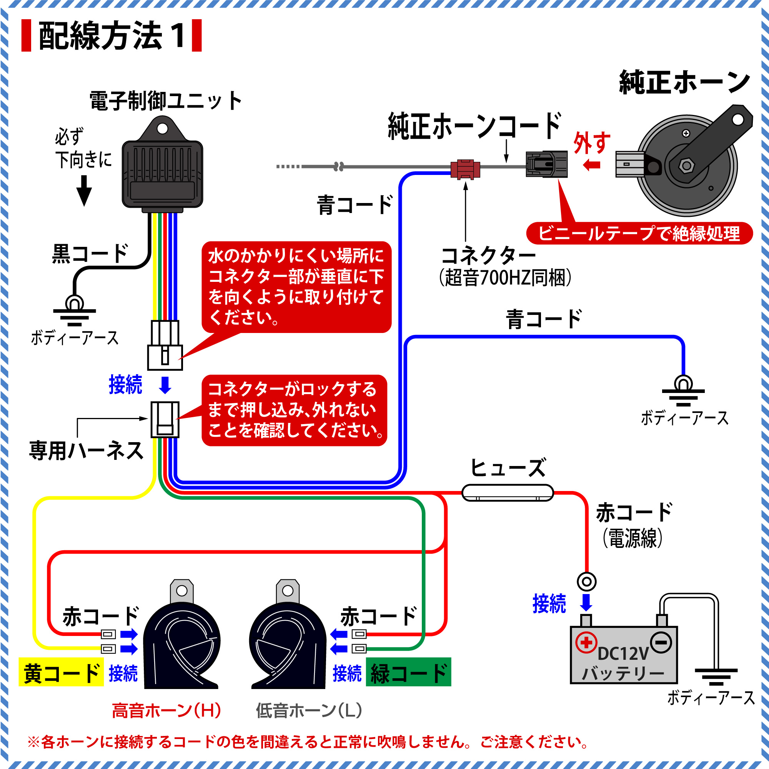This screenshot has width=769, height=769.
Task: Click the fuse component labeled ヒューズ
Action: [x=508, y=493]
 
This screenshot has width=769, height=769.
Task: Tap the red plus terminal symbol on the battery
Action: [x=586, y=642]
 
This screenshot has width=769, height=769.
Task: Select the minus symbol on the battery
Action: [x=661, y=642]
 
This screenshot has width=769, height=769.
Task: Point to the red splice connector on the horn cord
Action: [x=465, y=169]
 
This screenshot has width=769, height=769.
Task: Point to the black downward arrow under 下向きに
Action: [x=84, y=191]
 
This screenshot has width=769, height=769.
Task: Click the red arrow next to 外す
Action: [x=591, y=165]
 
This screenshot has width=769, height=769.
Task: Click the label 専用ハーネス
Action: [x=87, y=451]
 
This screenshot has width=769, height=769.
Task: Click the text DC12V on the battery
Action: [x=623, y=654]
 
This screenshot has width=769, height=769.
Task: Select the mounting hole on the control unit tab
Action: [x=162, y=128]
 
